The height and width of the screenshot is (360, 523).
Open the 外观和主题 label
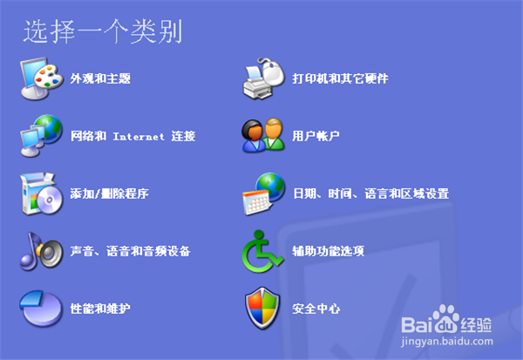click(x=100, y=78)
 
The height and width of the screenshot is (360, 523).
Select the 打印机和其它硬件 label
click(x=340, y=78)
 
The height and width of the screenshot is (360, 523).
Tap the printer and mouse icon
click(x=263, y=78)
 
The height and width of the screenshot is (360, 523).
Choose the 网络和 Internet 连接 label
click(x=132, y=136)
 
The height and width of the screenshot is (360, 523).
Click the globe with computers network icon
click(x=40, y=135)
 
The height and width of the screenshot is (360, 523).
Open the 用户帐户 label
click(x=316, y=136)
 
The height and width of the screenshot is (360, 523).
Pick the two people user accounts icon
click(x=262, y=135)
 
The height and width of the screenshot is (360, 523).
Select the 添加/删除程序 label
click(x=109, y=194)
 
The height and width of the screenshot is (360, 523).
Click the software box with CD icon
click(x=40, y=193)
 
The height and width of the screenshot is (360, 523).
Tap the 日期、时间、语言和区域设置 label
click(x=370, y=194)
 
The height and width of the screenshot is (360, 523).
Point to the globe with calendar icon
click(x=263, y=193)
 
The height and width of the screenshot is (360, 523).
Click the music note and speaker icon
click(x=40, y=250)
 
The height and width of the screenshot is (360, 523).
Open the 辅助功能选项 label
click(x=328, y=251)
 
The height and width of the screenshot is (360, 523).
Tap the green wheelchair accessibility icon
click(x=262, y=250)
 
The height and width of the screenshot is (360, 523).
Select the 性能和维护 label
click(x=100, y=309)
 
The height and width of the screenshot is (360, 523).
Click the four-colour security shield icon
click(x=262, y=308)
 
